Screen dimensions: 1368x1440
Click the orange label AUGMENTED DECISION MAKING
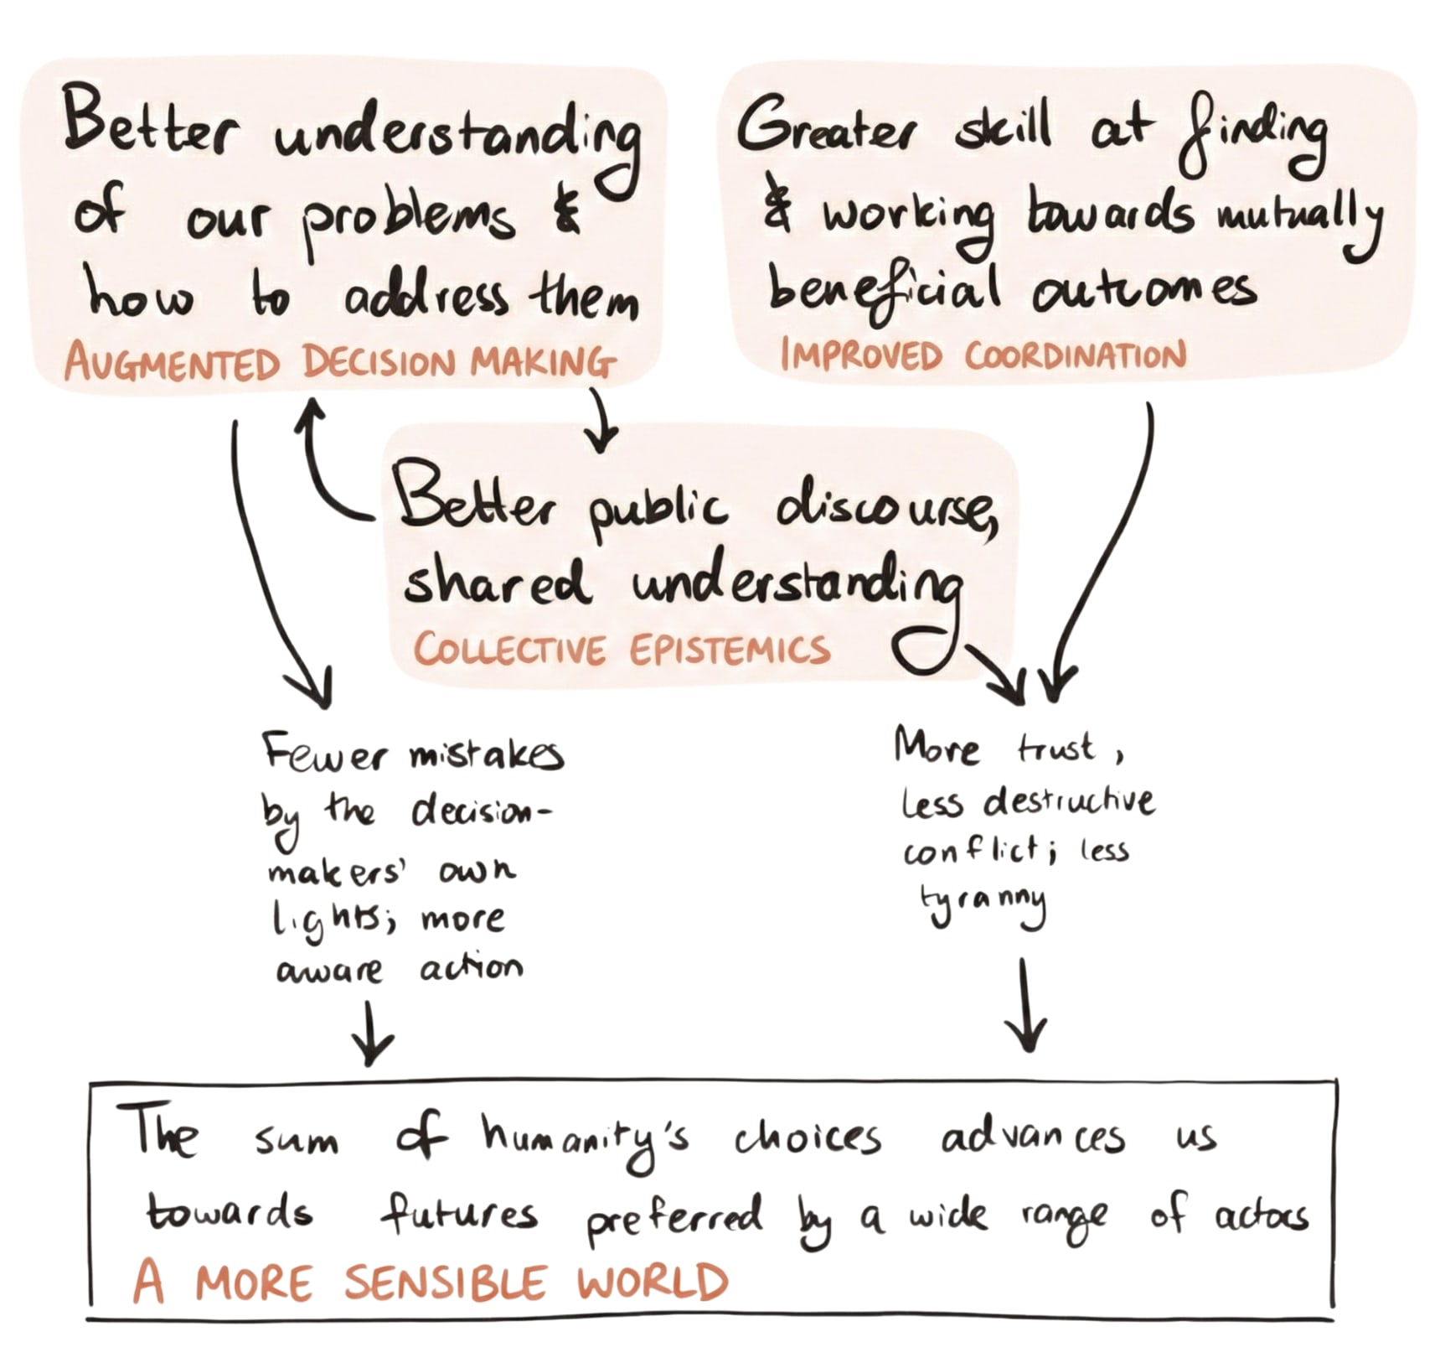339,363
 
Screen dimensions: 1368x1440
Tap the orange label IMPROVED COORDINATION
983,355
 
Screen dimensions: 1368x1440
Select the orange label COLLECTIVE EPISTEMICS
621,650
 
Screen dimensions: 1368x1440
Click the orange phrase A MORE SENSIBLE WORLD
431,1282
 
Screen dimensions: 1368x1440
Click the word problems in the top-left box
408,220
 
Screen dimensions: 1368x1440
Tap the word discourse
886,507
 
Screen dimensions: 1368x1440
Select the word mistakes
486,755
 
